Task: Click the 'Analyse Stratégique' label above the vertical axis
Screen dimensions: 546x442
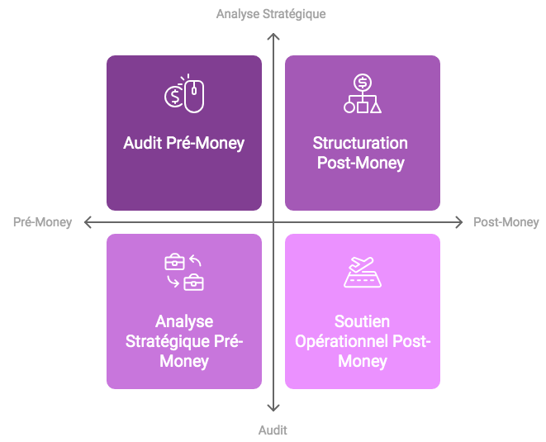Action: pos(271,14)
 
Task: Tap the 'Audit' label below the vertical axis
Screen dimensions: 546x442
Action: pos(273,430)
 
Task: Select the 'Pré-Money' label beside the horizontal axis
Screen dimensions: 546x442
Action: pos(42,222)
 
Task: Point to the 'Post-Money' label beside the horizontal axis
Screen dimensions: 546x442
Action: pos(506,222)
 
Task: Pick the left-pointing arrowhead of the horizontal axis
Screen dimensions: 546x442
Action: pos(87,222)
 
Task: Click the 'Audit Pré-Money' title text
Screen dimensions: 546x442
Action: pos(184,143)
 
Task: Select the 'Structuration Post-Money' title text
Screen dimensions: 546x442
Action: pos(360,153)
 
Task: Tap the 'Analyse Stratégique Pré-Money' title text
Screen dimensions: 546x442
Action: pos(184,341)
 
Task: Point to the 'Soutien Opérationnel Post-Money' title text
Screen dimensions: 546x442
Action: pos(363,341)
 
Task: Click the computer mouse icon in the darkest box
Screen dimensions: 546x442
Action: pos(194,96)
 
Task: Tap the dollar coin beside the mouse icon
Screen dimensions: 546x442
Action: pos(173,97)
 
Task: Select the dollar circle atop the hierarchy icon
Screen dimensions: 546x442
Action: pos(363,83)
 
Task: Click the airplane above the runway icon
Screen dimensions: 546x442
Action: pos(362,264)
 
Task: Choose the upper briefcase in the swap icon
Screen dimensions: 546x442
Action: pos(174,262)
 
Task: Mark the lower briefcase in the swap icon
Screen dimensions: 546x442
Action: pos(194,283)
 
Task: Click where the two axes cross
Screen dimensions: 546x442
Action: pos(273,222)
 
